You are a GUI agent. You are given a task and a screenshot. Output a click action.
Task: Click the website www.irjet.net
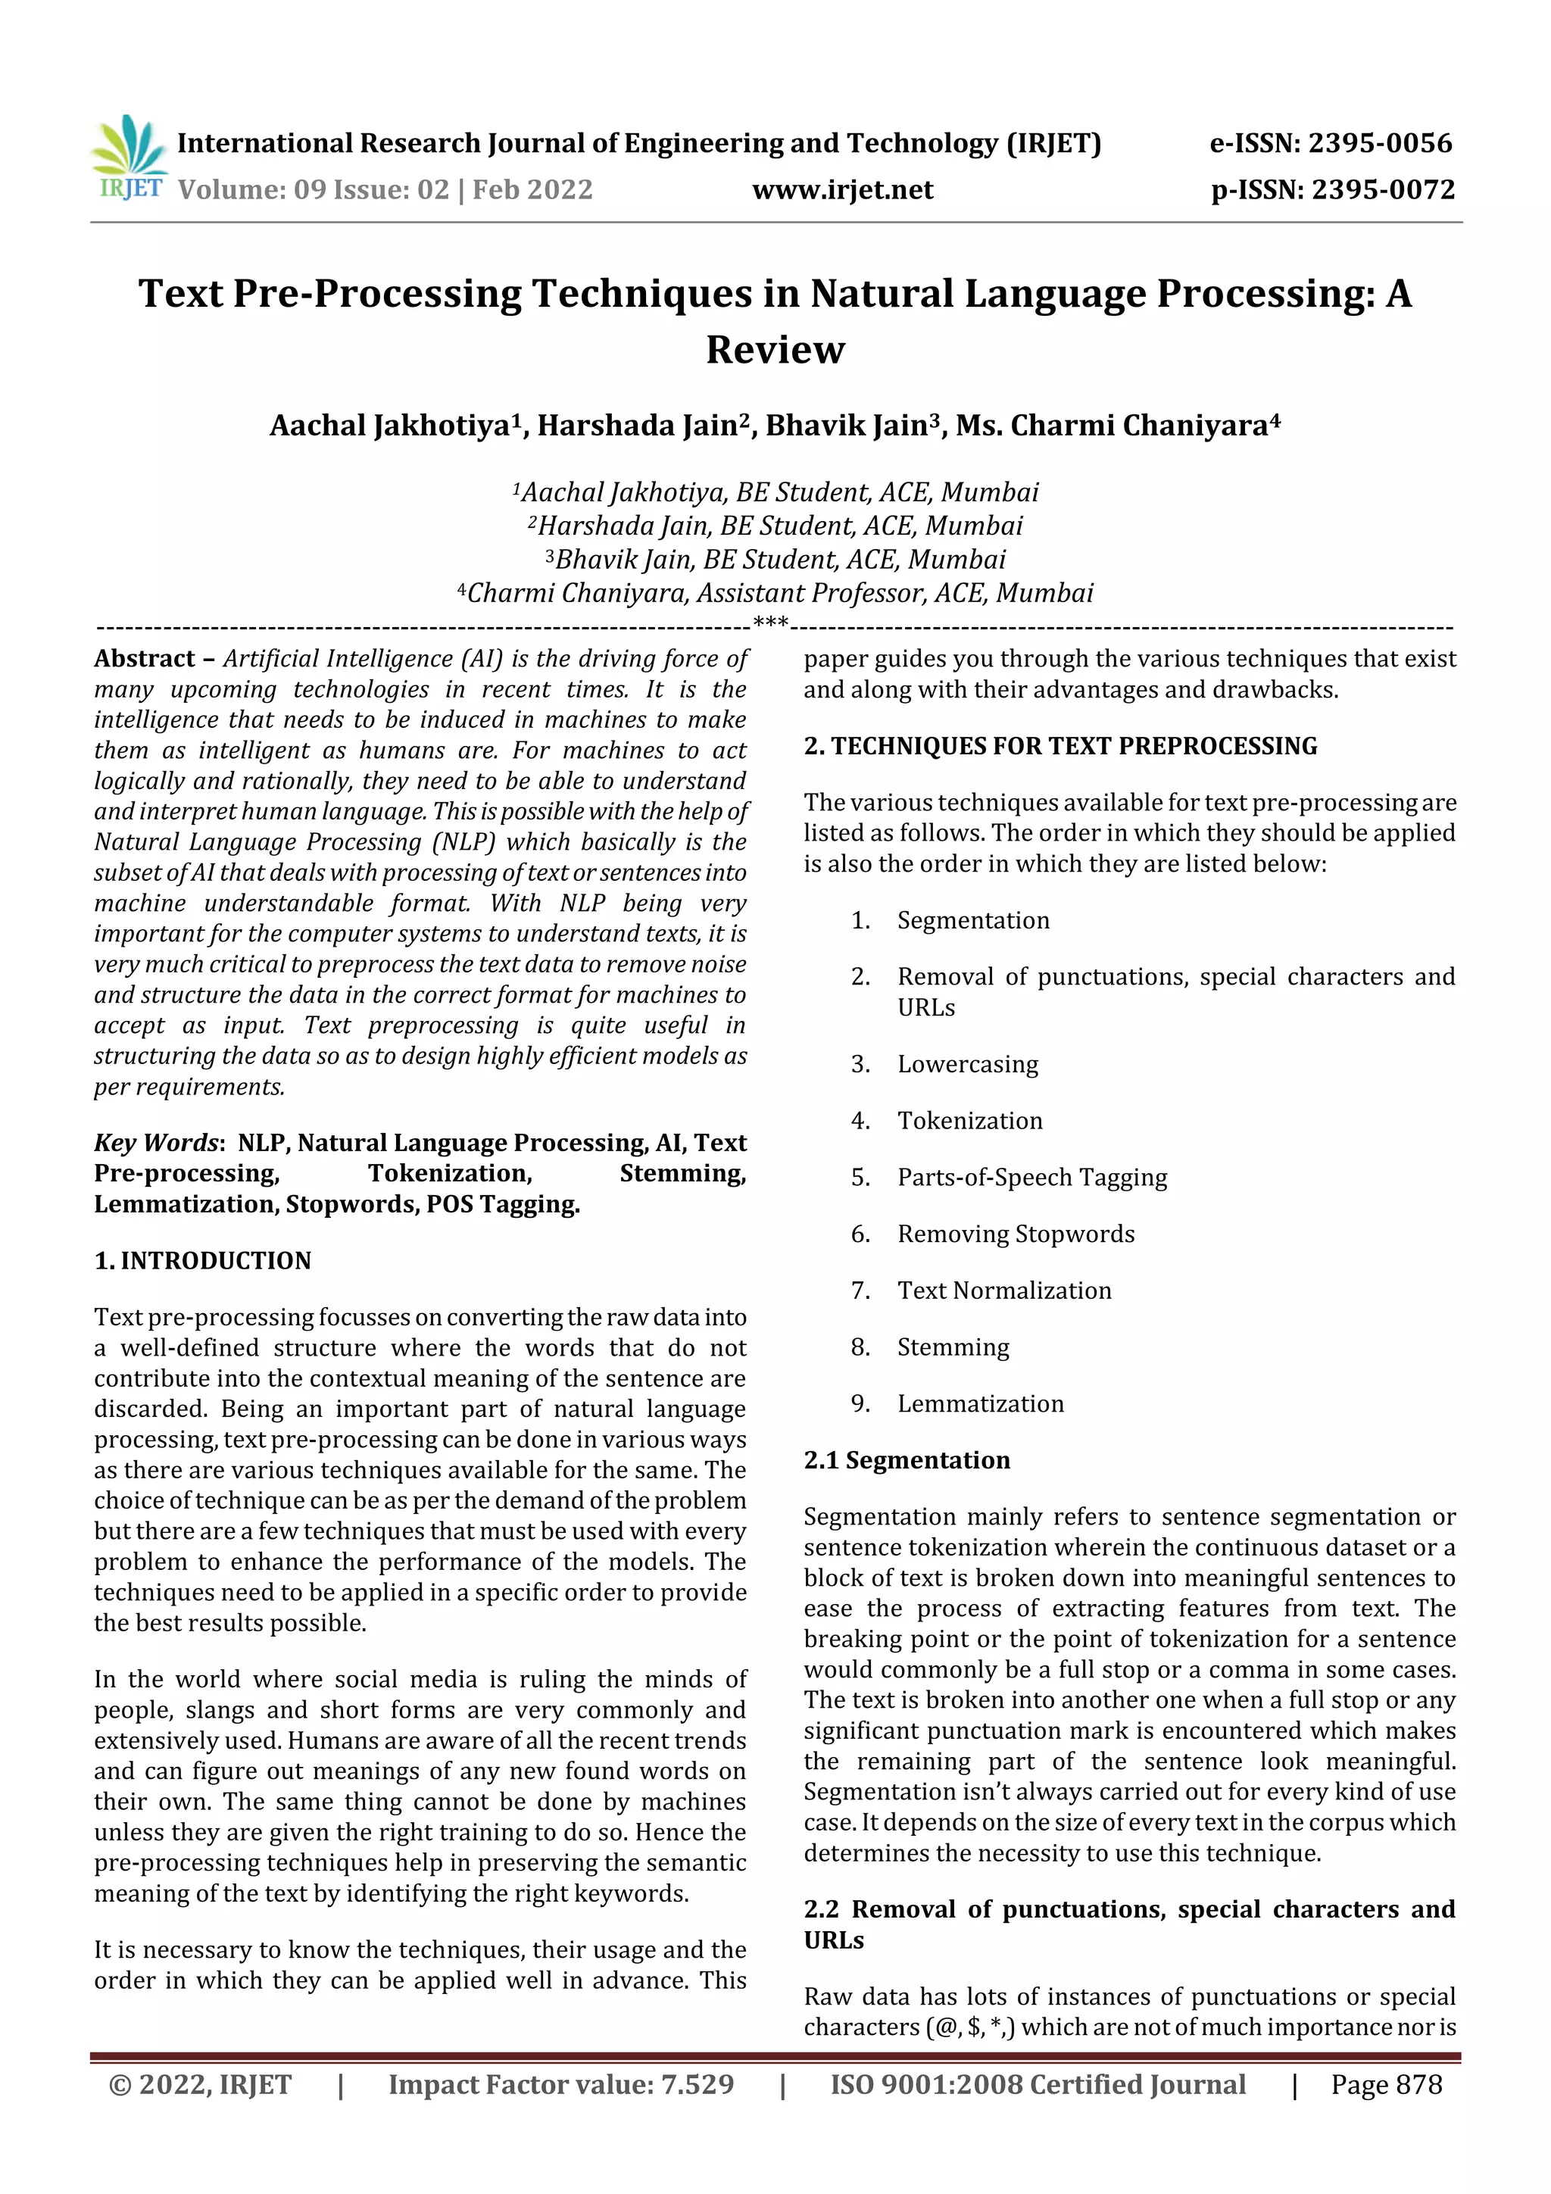pyautogui.click(x=842, y=189)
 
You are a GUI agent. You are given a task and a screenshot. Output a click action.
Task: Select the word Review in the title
pyautogui.click(x=775, y=350)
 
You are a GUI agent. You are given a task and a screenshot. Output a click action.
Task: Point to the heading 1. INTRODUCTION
pyautogui.click(x=203, y=1260)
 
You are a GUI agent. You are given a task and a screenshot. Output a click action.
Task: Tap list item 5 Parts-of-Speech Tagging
pyautogui.click(x=1031, y=1177)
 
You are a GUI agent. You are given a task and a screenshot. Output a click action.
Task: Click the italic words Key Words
pyautogui.click(x=157, y=1143)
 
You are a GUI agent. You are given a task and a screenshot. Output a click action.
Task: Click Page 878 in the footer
pyautogui.click(x=1386, y=2084)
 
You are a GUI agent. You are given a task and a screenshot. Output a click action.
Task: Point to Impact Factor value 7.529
pyautogui.click(x=561, y=2084)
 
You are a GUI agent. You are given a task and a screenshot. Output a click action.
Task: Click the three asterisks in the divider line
pyautogui.click(x=770, y=624)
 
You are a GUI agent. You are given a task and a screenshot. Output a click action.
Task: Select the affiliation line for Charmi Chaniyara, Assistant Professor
pyautogui.click(x=775, y=594)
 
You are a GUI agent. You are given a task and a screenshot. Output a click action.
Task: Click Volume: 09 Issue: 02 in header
pyautogui.click(x=314, y=189)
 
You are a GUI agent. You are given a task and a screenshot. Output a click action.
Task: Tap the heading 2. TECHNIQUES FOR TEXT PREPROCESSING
pyautogui.click(x=1059, y=745)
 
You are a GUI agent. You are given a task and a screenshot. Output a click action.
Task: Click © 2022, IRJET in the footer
pyautogui.click(x=200, y=2084)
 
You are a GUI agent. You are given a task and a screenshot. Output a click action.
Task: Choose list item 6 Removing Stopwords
pyautogui.click(x=1015, y=1234)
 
